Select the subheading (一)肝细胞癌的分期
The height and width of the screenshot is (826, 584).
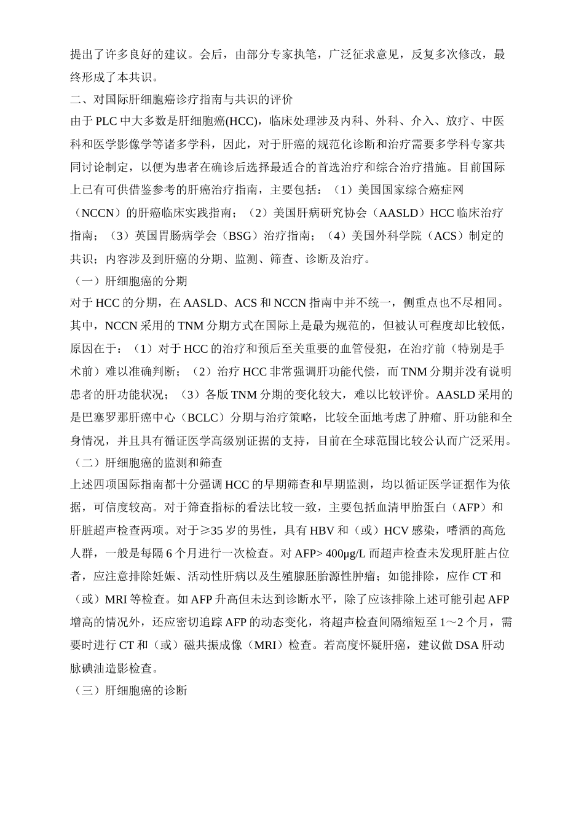[x=130, y=281]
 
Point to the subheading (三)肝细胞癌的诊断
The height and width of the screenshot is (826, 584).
[x=130, y=691]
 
